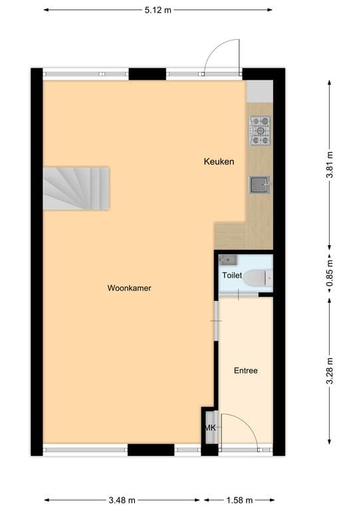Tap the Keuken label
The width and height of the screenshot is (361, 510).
tap(219, 161)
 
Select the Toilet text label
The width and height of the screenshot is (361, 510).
tap(232, 275)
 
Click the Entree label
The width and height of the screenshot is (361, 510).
tap(245, 371)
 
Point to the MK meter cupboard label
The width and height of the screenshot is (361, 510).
tap(210, 428)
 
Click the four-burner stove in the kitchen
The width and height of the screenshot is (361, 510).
tap(260, 130)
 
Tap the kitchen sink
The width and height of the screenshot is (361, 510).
tap(260, 184)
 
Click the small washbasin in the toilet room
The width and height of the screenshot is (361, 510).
tap(228, 259)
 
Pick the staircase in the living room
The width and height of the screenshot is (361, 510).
tap(76, 188)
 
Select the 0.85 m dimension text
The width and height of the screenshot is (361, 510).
tap(330, 274)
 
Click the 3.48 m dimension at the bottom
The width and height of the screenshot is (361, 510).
tap(122, 500)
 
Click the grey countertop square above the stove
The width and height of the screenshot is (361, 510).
tap(259, 91)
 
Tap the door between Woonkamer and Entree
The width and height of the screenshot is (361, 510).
tap(215, 321)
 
